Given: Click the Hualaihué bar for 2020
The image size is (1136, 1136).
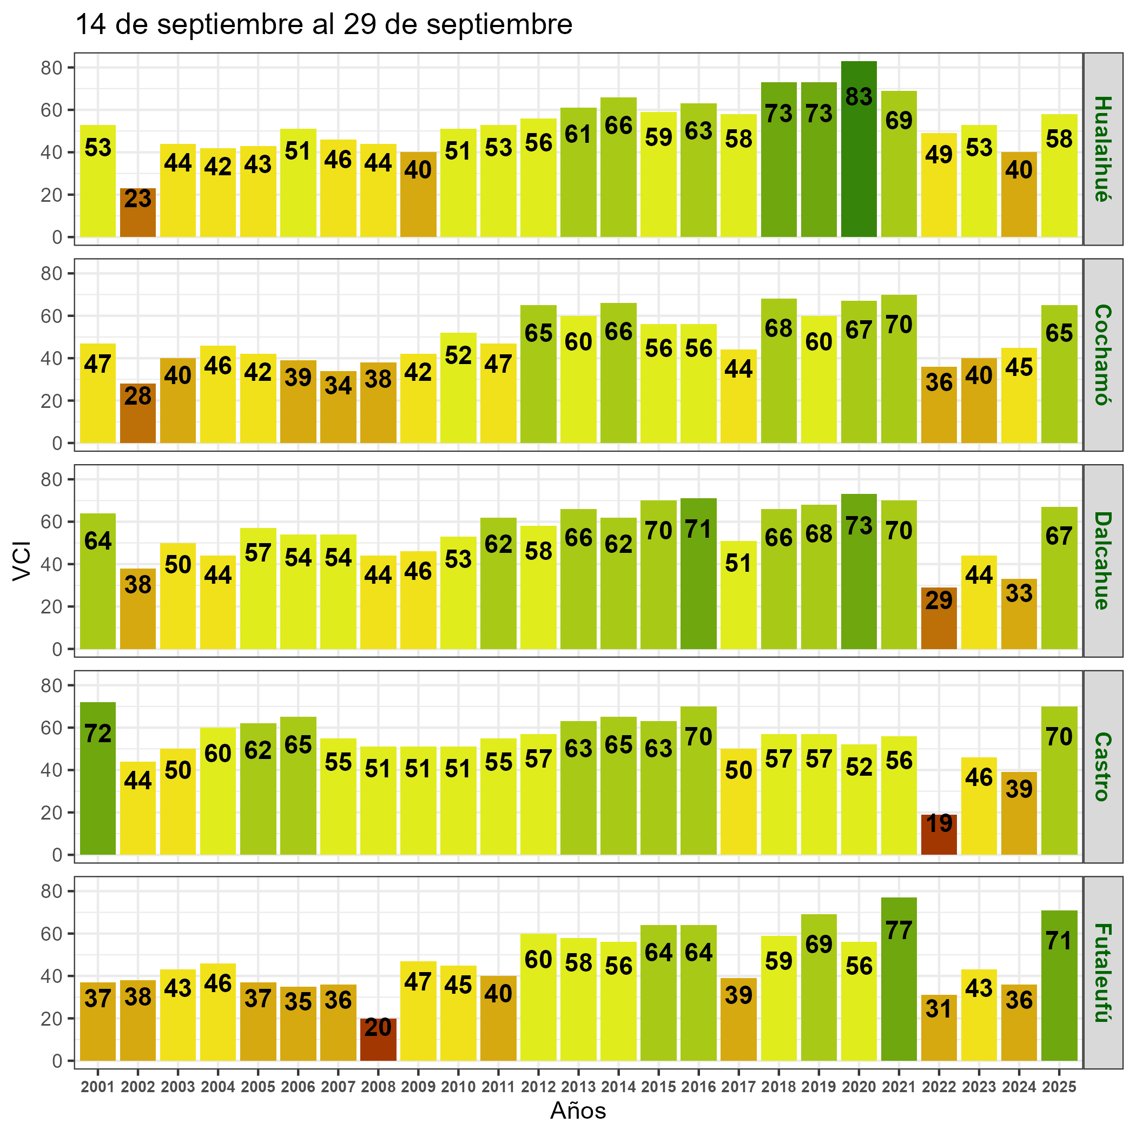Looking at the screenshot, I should coord(858,149).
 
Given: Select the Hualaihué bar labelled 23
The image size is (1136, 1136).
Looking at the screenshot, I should coord(137,213).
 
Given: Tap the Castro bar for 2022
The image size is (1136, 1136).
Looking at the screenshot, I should coord(939,834).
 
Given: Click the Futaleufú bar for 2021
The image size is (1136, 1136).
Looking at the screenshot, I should coord(899,979).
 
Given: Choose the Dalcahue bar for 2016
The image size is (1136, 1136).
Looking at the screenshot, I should coord(698,573).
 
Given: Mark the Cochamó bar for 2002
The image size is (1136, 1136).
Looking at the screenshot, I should coord(137,413).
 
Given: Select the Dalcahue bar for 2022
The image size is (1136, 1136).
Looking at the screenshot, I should coord(939,618).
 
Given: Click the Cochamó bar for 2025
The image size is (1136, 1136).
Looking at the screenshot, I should coord(1059,374).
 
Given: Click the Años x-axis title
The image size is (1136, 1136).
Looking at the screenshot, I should coord(578,1111).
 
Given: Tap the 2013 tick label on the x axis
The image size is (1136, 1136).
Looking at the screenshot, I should coord(578,1087).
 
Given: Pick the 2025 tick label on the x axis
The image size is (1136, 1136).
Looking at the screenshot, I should coord(1059,1087).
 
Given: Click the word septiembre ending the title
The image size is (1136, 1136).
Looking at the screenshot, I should coord(499,25).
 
